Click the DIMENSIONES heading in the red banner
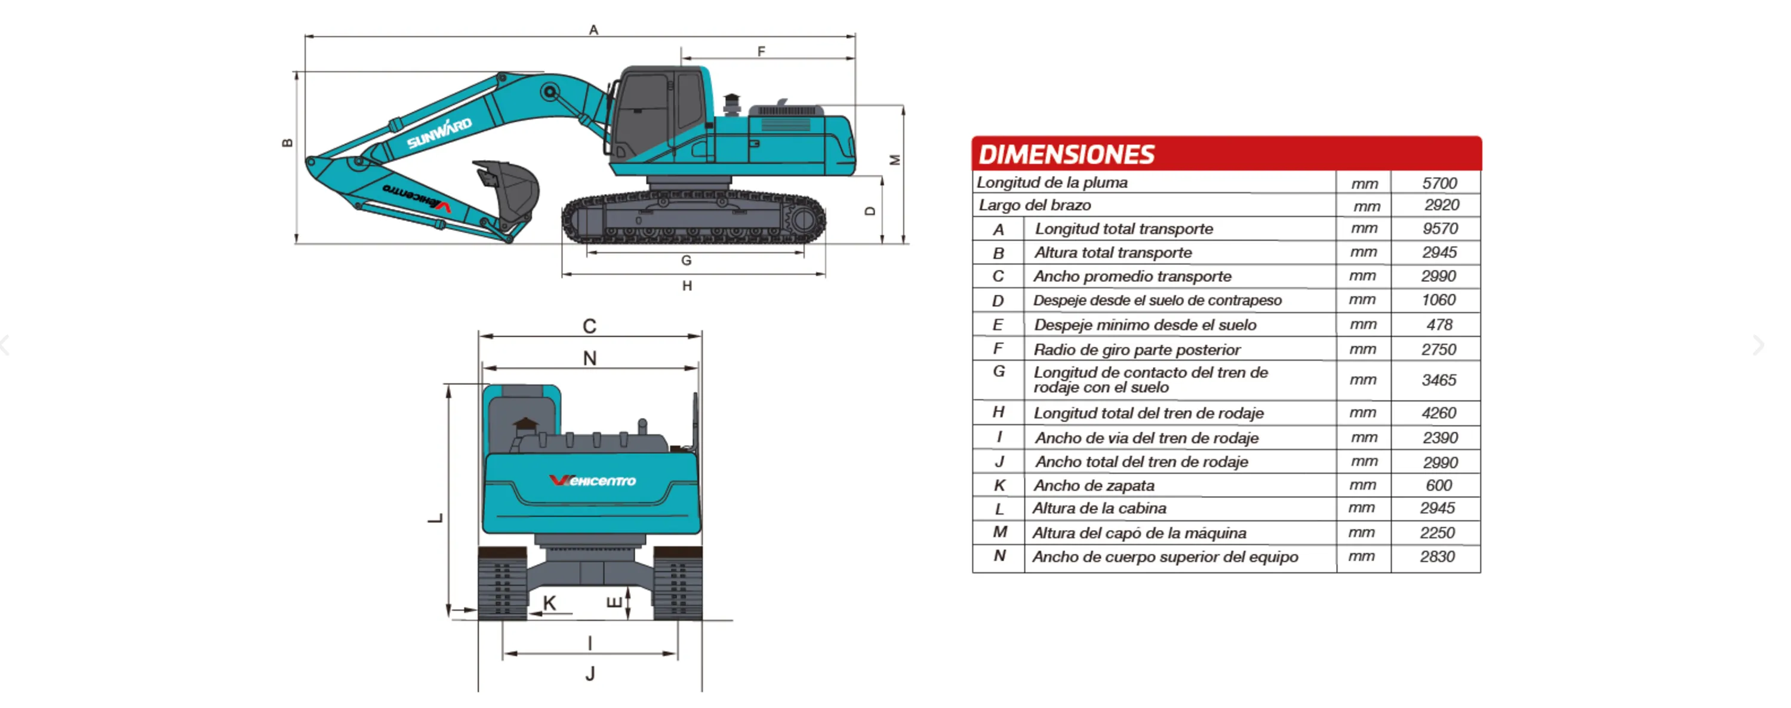1066,155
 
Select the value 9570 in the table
1439,229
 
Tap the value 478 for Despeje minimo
1439,325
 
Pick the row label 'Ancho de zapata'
1094,485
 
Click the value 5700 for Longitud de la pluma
1439,183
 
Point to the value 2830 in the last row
1437,556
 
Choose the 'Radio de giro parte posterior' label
1137,349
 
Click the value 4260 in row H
1439,413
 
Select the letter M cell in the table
999,532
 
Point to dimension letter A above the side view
593,30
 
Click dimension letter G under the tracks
686,261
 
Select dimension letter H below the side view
687,286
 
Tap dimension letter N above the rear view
590,358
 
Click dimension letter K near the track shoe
549,603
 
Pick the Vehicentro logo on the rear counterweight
592,481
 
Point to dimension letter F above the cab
761,51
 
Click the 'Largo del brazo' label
1035,205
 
